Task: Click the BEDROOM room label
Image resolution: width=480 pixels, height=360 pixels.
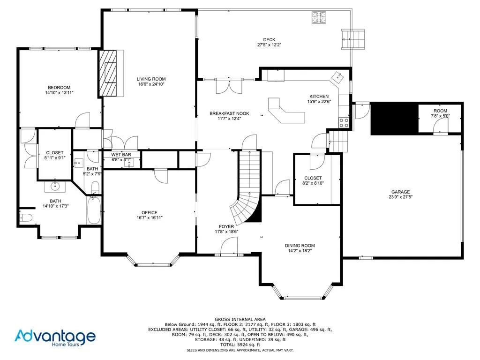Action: [59, 88]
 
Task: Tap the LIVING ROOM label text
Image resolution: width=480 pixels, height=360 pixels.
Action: [151, 79]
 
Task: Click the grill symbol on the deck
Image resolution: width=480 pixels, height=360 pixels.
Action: [318, 18]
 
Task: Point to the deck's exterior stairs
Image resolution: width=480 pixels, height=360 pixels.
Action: [353, 39]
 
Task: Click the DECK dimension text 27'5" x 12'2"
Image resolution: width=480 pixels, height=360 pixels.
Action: [269, 45]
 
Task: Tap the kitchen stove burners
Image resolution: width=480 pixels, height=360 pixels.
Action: [344, 123]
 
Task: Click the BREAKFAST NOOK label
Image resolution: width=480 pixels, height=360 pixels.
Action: [229, 113]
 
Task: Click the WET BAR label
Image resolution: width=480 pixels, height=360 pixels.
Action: [120, 155]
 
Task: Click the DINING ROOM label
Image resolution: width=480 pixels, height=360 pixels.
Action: [300, 246]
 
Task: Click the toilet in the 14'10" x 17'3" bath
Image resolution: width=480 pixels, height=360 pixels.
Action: [27, 217]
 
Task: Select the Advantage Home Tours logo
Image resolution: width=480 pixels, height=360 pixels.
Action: [55, 337]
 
